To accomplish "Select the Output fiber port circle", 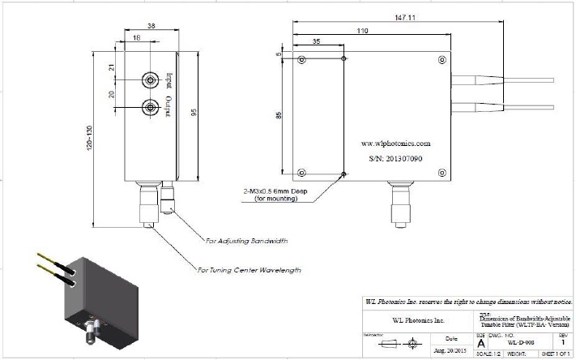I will click(150, 107).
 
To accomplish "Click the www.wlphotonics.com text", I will click(395, 142).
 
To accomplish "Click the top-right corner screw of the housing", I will click(442, 60).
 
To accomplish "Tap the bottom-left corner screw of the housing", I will click(301, 172).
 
